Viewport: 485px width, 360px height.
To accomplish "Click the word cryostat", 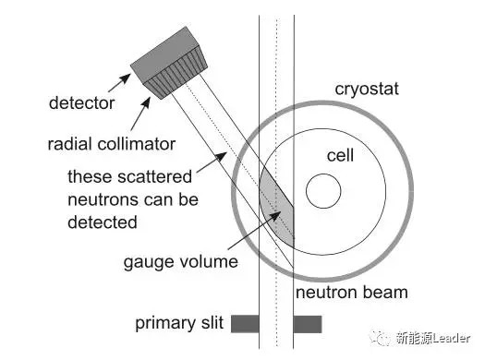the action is tap(367, 89).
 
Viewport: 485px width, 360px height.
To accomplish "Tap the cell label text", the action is tap(340, 155).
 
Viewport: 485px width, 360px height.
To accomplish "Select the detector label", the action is tap(81, 102).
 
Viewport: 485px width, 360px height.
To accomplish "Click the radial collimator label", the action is tap(112, 144).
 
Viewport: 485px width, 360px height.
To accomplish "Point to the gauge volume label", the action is tap(181, 262).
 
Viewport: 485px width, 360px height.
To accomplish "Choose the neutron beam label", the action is tap(352, 293).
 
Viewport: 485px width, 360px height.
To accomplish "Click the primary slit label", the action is tap(179, 323).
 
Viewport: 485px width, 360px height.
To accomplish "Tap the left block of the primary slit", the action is tap(245, 324).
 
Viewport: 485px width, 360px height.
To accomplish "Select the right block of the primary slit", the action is tap(308, 324).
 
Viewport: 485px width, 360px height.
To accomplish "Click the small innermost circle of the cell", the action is tap(323, 191).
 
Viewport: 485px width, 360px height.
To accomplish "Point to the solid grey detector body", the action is tap(164, 54).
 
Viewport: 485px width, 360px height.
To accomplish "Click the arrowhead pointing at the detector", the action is tap(126, 78).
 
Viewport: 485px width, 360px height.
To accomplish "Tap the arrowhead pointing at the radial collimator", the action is tap(146, 102).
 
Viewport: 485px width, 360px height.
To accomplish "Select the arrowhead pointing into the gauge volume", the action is tap(275, 216).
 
